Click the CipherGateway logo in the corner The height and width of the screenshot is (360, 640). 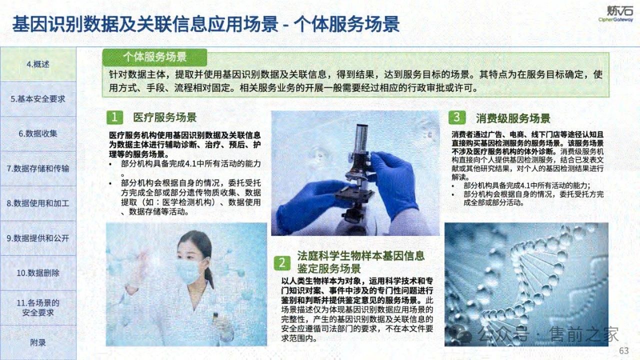(x=615, y=13)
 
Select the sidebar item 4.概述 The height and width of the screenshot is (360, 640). (x=38, y=64)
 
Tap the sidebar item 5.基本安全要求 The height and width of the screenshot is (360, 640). (x=38, y=99)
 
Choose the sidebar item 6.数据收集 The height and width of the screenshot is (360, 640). (x=38, y=133)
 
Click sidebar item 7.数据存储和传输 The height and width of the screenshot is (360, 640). (x=38, y=168)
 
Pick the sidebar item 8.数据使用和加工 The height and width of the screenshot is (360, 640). (x=38, y=203)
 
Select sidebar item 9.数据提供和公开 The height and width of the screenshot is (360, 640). (x=38, y=238)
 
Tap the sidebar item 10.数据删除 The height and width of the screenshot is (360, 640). (x=38, y=273)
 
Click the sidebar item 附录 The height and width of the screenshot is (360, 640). (x=38, y=342)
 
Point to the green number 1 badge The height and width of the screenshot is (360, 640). (x=114, y=117)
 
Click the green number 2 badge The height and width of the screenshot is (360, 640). (x=282, y=262)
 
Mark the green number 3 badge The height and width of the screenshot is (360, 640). (x=457, y=117)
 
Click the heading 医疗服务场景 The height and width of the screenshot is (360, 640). (x=165, y=117)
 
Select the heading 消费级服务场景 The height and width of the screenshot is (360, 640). (x=513, y=118)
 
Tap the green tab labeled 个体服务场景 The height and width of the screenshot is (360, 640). (x=154, y=57)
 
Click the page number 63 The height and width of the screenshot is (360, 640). (x=623, y=351)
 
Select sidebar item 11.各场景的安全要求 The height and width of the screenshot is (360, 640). (x=38, y=307)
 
